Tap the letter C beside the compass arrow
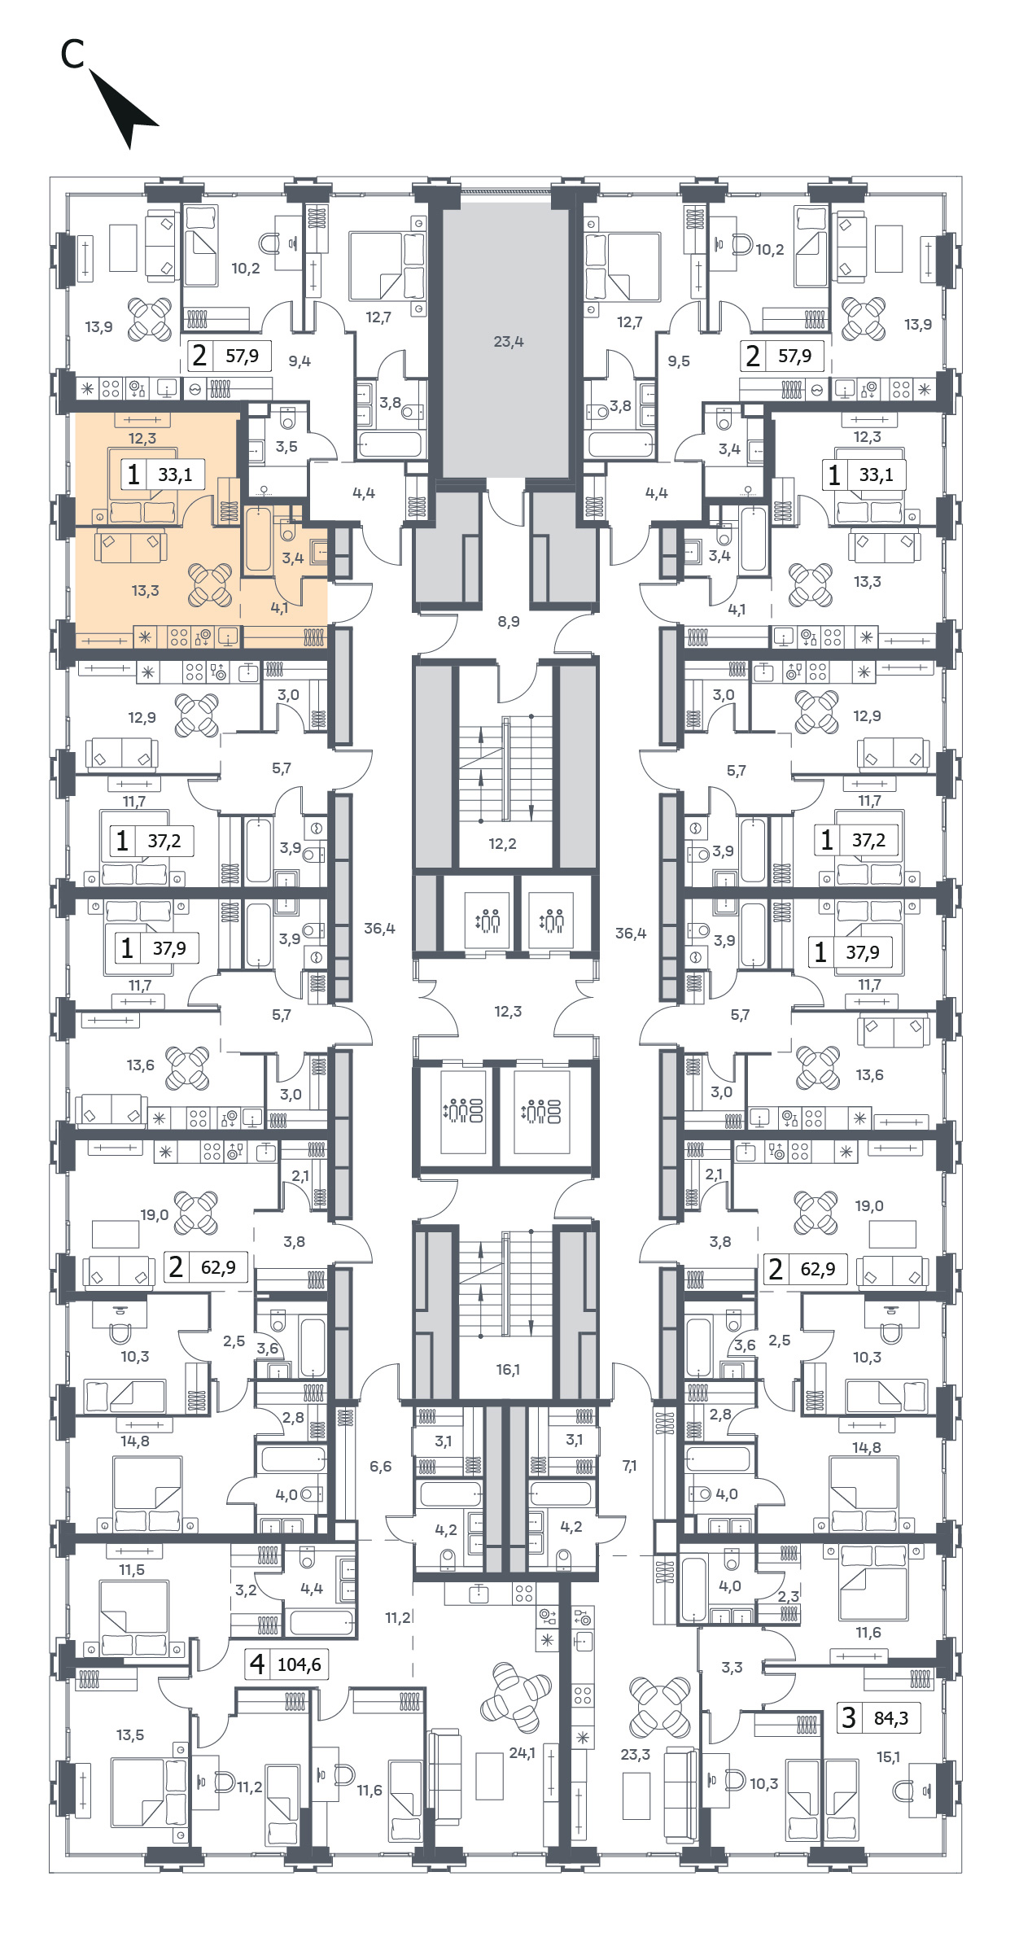(x=72, y=54)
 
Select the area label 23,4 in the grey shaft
(x=509, y=342)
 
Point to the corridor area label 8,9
(x=509, y=621)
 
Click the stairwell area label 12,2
(x=502, y=844)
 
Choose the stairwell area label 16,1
(x=508, y=1370)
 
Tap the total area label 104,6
(x=300, y=1664)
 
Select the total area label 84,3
(x=891, y=1718)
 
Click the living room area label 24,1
(x=522, y=1753)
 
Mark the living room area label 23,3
(x=636, y=1755)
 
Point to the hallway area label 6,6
(x=380, y=1467)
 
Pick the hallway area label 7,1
(x=630, y=1466)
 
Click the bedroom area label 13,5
(x=130, y=1735)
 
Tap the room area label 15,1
(x=888, y=1757)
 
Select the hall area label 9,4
(x=300, y=361)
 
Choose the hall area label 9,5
(x=679, y=361)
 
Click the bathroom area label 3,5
(x=286, y=447)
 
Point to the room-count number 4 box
(x=257, y=1664)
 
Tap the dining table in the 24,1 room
(x=516, y=1697)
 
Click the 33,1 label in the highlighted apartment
(x=175, y=475)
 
